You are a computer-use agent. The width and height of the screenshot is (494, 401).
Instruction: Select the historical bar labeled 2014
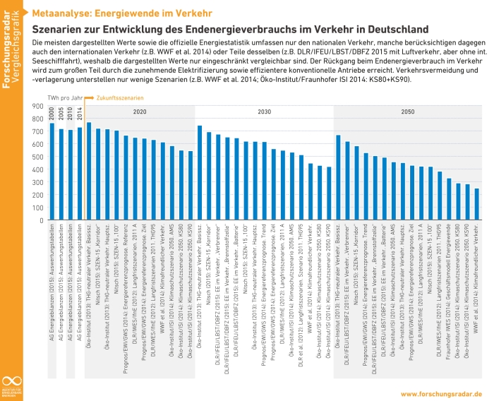(80, 170)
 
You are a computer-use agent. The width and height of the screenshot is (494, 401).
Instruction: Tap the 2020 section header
(140, 112)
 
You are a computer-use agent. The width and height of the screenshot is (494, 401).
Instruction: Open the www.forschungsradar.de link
(441, 393)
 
